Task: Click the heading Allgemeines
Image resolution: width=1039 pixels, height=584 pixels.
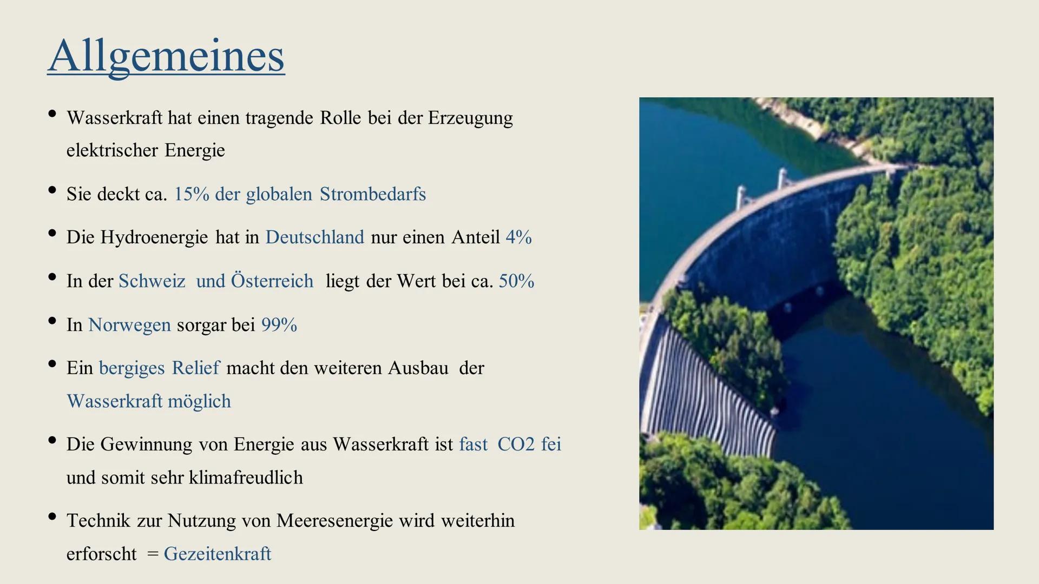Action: tap(166, 56)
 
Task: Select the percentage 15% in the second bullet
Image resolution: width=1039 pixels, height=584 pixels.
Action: tap(191, 194)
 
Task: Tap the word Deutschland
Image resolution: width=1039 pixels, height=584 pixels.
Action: tap(314, 237)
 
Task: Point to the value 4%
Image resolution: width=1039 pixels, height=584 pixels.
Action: tap(518, 237)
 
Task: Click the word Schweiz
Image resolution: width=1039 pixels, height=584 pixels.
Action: tap(152, 281)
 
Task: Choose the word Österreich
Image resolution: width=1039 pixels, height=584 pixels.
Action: tap(272, 281)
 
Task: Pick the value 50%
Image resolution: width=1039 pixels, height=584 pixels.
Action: tap(516, 281)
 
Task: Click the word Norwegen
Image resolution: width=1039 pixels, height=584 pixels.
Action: tap(129, 325)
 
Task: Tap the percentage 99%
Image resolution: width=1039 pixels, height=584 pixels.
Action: tap(279, 325)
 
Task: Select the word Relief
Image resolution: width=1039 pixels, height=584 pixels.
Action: tap(195, 368)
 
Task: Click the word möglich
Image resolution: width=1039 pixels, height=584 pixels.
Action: tap(199, 401)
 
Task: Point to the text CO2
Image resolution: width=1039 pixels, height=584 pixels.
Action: tap(516, 444)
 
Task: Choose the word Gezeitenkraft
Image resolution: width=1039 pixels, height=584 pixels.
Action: tap(217, 554)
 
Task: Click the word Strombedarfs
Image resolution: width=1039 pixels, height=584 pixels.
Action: tap(372, 194)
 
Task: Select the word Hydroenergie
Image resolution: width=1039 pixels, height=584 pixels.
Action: tap(154, 237)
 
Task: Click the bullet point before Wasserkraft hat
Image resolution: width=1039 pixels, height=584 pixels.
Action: tap(52, 114)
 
